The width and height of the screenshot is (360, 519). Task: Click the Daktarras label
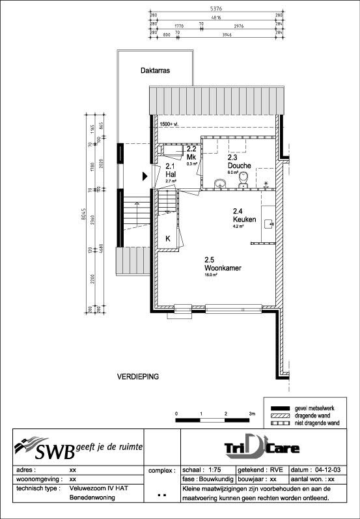[155, 72]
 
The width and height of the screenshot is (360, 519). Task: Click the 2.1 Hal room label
[171, 171]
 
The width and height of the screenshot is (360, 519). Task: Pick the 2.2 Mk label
[191, 154]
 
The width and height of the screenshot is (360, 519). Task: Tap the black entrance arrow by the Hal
[145, 176]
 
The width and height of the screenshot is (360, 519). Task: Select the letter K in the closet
[167, 239]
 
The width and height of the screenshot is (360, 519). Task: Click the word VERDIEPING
[138, 377]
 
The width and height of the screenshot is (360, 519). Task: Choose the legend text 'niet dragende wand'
[317, 423]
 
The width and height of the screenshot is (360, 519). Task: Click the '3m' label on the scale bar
[252, 414]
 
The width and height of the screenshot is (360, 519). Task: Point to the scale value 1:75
[212, 470]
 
